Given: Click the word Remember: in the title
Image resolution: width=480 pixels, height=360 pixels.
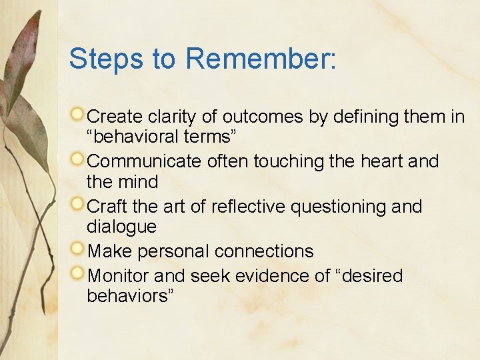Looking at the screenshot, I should tap(261, 59).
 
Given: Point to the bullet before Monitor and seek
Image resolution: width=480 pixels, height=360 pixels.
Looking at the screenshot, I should tap(79, 274).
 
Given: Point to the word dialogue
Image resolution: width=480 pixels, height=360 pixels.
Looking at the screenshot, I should tap(121, 227).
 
